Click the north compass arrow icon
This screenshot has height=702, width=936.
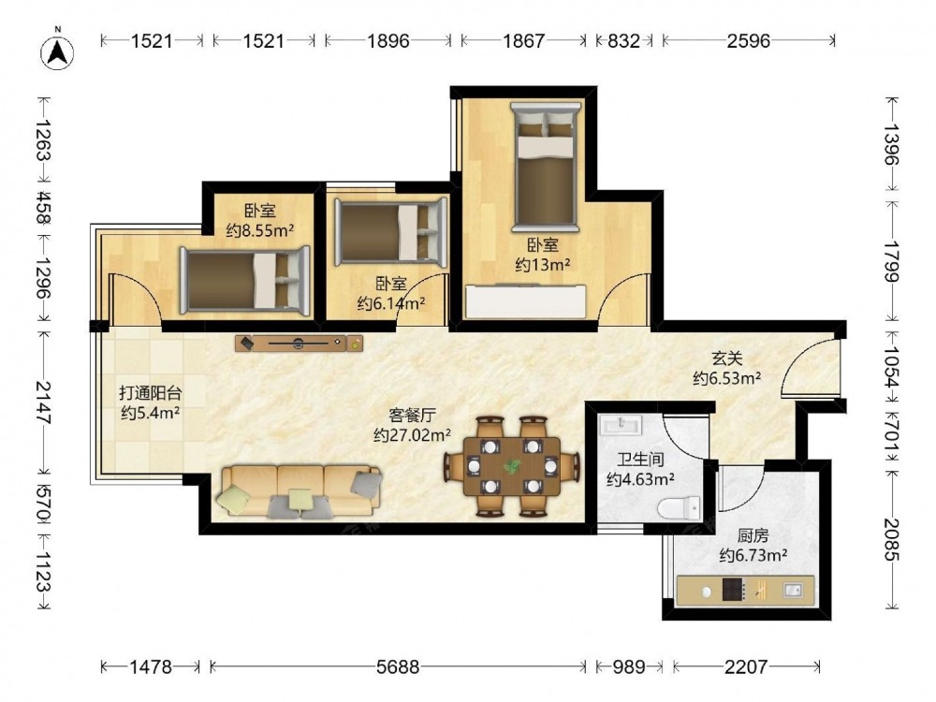[x=57, y=51]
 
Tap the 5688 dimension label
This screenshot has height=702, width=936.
[x=398, y=666]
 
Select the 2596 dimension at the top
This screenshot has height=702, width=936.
[x=749, y=40]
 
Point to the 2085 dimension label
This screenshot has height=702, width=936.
[x=891, y=539]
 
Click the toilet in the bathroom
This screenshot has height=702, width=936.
[x=680, y=508]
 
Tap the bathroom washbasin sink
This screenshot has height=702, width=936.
[x=621, y=424]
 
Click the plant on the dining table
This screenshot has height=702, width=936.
[x=512, y=465]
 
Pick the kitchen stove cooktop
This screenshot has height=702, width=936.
[x=734, y=590]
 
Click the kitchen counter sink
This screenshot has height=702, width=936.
[x=792, y=590]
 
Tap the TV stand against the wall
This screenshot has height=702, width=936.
[x=299, y=344]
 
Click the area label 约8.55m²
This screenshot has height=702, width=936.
[x=260, y=230]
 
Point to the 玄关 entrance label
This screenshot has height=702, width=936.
[x=726, y=358]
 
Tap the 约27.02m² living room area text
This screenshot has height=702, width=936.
[x=412, y=435]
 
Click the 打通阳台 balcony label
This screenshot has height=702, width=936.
[x=151, y=393]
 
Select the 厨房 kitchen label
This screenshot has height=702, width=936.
[x=753, y=535]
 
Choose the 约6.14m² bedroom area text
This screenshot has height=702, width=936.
[x=391, y=304]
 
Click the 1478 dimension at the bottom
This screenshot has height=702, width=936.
[x=151, y=666]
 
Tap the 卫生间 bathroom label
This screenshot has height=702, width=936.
[x=640, y=460]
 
